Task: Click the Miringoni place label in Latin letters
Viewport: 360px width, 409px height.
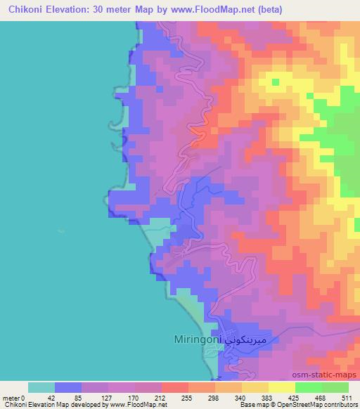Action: coord(197,339)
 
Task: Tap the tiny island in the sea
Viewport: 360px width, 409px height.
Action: coord(61,230)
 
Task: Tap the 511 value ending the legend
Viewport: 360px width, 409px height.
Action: coord(347,397)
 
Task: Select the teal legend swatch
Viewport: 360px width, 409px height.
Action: coord(41,387)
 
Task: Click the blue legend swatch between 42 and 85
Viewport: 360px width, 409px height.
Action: coord(67,387)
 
